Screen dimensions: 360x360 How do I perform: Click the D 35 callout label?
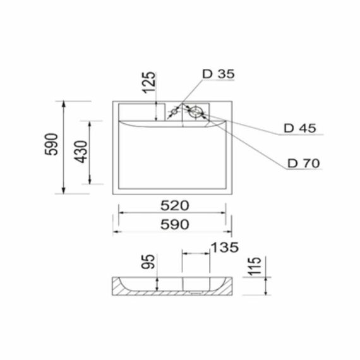pos(218,75)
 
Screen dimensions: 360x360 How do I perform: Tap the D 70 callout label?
pos(303,163)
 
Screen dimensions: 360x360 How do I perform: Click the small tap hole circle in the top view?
pos(175,113)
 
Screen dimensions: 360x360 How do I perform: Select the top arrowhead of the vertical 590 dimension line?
pos(65,103)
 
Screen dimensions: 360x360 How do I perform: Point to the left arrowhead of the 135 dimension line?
pos(185,253)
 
